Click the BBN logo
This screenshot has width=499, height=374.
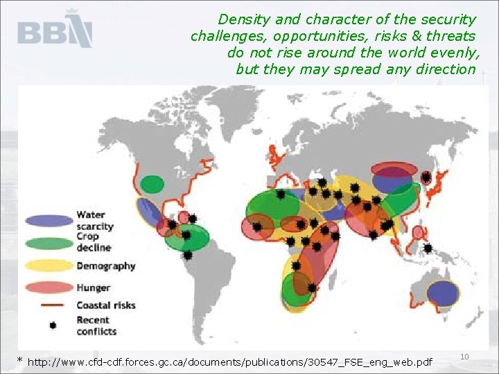[54, 30]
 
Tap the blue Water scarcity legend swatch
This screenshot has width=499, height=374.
[49, 221]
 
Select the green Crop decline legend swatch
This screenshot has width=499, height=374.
[49, 242]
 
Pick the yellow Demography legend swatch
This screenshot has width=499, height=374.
[49, 265]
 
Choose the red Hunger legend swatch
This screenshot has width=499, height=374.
[49, 287]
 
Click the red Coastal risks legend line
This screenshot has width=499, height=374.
[49, 305]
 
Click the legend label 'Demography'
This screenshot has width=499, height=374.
[106, 266]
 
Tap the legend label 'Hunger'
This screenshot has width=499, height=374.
[94, 287]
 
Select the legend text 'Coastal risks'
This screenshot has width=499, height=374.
[106, 305]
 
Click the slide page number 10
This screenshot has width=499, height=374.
[464, 356]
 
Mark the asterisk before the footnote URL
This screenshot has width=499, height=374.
[20, 361]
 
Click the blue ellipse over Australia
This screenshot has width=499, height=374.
[443, 294]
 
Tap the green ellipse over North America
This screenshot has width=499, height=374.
[152, 184]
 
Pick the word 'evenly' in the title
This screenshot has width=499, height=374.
[454, 53]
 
